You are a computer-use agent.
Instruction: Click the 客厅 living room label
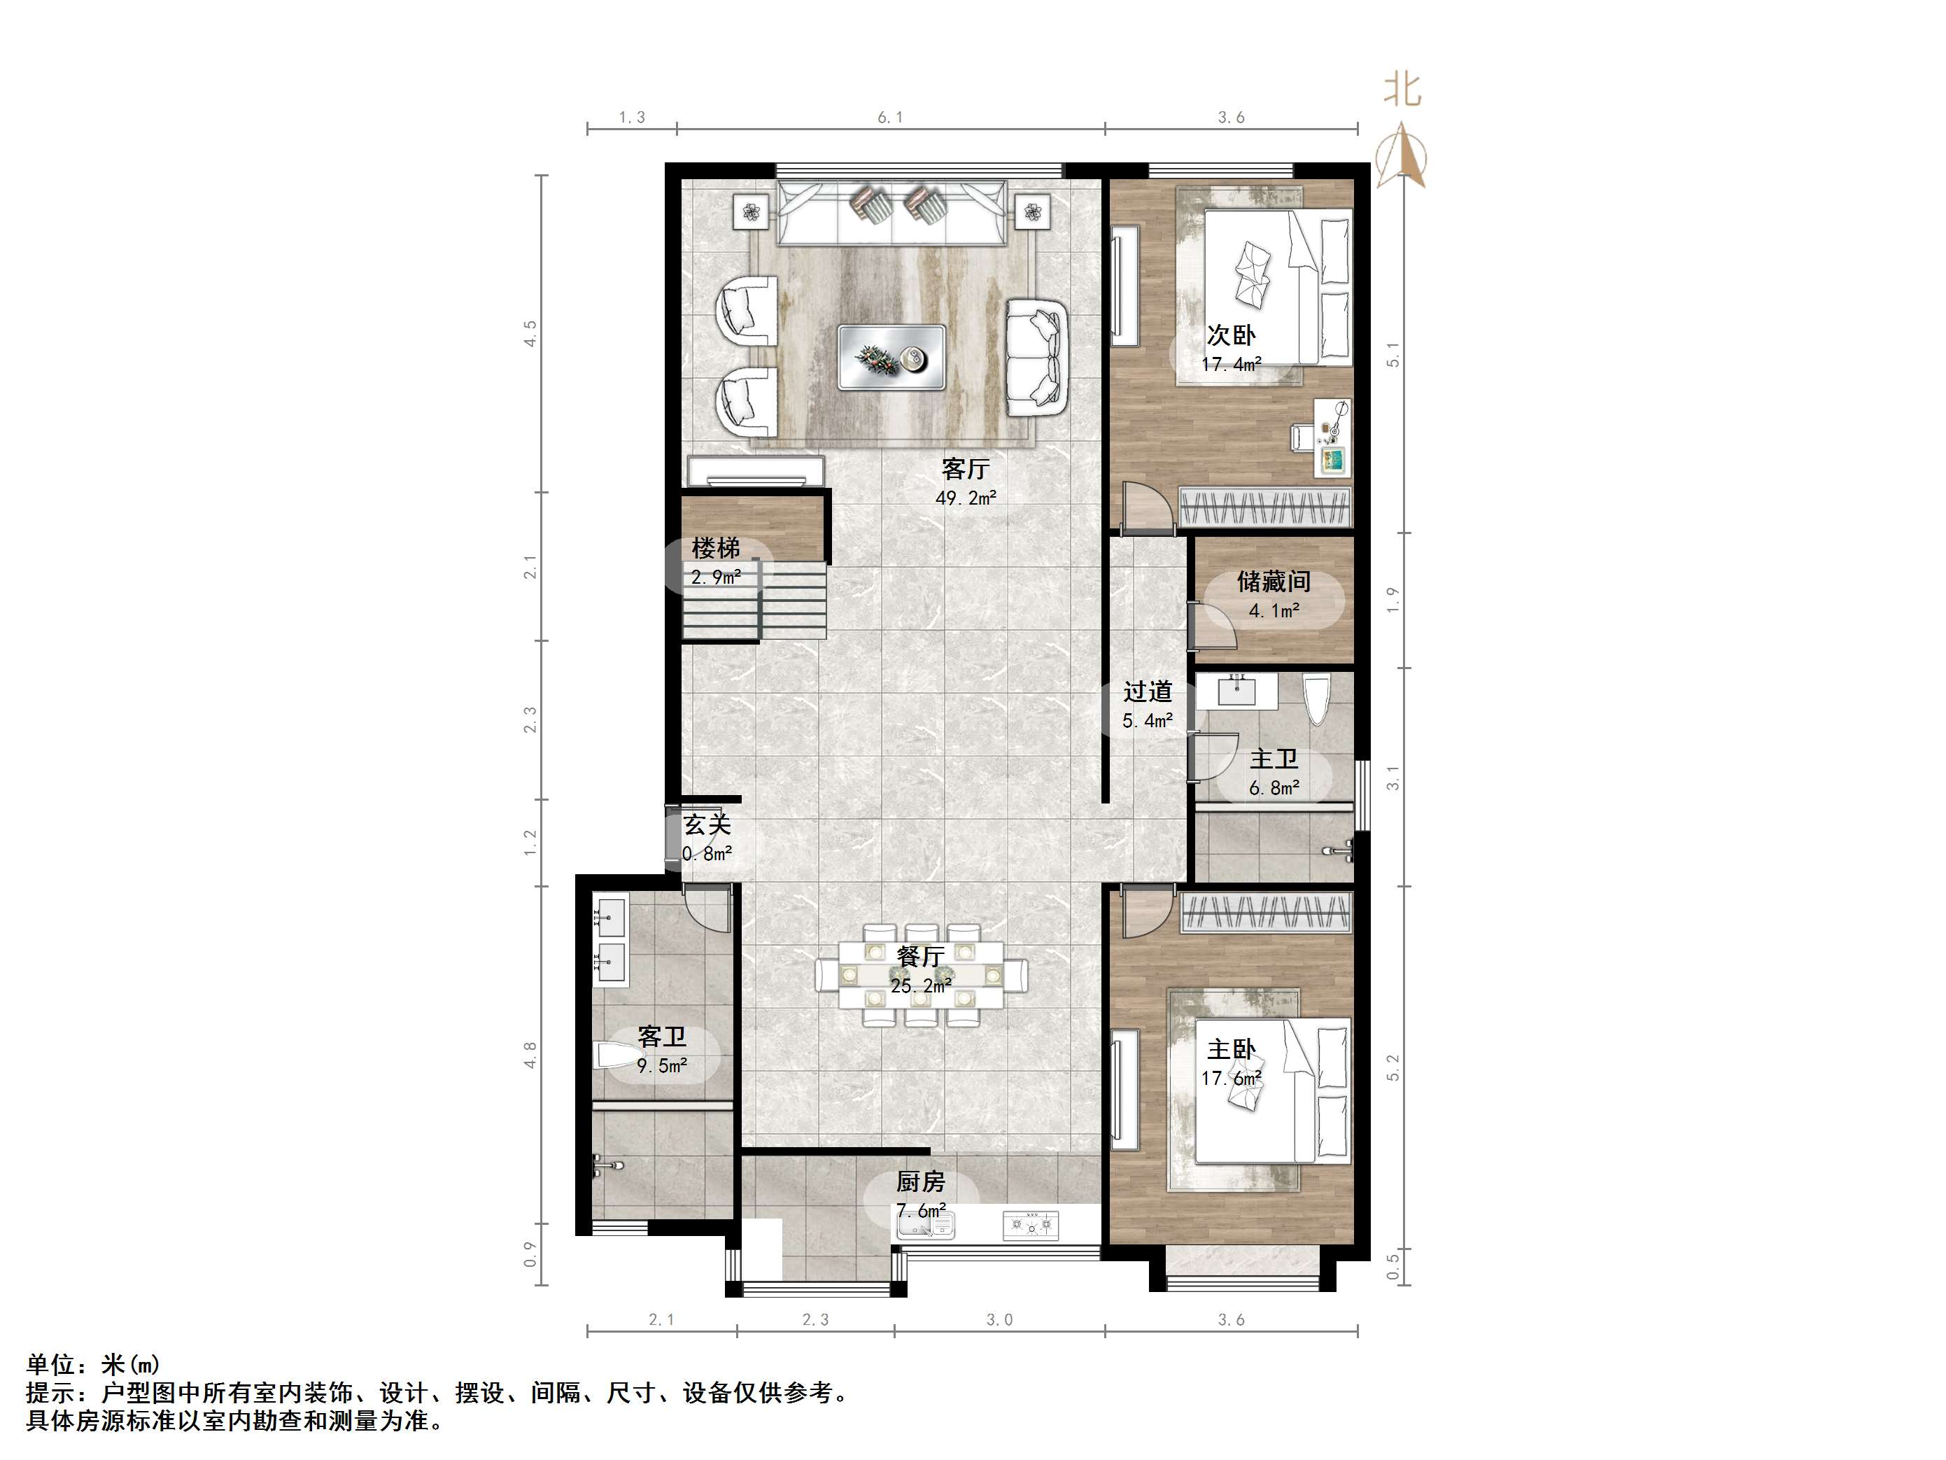(965, 468)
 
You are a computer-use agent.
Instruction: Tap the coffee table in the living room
(891, 357)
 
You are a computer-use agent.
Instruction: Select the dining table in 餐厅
(920, 974)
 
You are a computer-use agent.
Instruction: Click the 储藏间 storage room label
(1273, 582)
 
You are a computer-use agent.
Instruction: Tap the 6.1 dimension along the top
(889, 117)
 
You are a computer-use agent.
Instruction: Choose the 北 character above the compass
(1402, 89)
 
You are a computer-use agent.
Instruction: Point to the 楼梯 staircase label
(715, 548)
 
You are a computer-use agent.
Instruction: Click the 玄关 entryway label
(707, 824)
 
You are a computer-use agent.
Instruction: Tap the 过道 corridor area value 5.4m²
(1147, 722)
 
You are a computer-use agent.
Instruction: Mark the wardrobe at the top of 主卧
(1265, 912)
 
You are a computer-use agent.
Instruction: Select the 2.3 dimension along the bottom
(815, 1319)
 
